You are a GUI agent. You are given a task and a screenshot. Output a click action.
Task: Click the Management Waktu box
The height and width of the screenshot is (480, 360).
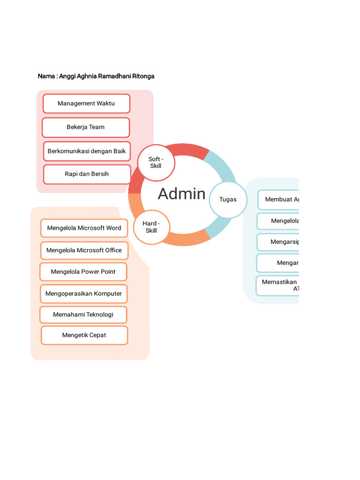pos(86,104)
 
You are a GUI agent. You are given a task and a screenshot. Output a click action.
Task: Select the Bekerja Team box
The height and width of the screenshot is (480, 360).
pos(85,127)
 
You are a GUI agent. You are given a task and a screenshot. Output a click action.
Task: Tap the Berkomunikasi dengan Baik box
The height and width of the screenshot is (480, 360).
pos(87,151)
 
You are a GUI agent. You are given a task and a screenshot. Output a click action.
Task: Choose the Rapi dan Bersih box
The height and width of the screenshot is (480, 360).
pos(87,174)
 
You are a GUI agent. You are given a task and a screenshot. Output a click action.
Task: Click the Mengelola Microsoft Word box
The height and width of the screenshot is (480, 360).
pos(84,228)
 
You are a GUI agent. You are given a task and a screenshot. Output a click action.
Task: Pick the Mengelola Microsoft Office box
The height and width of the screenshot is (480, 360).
pos(84,250)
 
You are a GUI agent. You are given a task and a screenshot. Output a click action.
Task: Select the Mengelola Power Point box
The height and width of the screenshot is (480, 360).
pos(83,272)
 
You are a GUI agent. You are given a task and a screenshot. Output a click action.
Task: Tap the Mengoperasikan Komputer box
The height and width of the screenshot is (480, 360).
pos(83,294)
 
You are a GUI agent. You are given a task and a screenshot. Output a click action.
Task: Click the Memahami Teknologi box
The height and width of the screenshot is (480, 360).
pos(83,315)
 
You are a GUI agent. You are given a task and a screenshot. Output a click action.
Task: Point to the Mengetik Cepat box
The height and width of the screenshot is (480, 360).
pos(84,335)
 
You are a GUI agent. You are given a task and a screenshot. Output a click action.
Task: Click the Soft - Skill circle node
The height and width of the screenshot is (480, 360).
pos(156,163)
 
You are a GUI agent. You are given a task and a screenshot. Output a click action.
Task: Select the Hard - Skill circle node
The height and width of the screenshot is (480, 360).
pos(151,227)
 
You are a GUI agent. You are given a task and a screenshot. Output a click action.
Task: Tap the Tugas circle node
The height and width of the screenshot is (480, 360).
pos(228,200)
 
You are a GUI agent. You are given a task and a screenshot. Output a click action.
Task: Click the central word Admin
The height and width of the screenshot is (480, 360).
pos(181,194)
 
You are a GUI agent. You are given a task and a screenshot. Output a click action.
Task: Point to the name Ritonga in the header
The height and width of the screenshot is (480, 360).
pos(143,76)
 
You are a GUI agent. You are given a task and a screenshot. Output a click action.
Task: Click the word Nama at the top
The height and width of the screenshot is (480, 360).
pos(46,76)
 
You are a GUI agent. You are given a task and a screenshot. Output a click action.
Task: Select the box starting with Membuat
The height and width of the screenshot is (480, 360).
pos(279,200)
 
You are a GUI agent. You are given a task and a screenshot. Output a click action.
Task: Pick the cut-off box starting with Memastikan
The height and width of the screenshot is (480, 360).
pos(278,285)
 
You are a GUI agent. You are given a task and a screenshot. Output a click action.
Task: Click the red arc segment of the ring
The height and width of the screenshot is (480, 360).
pos(187,150)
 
